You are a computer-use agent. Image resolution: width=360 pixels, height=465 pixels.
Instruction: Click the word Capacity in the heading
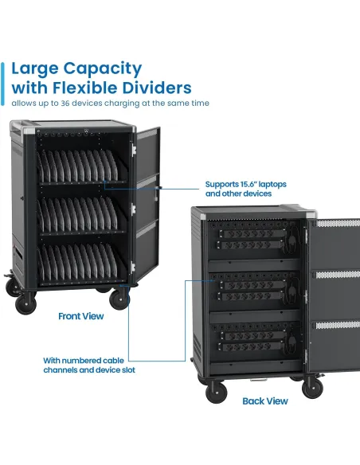click(x=103, y=69)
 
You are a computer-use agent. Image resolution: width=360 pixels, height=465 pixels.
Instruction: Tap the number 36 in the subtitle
click(x=65, y=104)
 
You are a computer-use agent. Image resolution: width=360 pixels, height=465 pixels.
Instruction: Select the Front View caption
click(x=81, y=316)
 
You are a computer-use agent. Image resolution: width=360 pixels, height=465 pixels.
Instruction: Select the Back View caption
click(x=265, y=401)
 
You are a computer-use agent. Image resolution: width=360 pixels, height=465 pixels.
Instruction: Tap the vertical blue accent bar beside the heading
click(x=2, y=84)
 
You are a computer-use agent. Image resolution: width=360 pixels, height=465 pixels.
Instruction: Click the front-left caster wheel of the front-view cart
click(x=25, y=303)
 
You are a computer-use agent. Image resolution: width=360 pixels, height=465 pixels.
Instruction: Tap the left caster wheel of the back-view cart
click(x=216, y=392)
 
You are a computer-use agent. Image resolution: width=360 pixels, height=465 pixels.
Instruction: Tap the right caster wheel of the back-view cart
click(x=312, y=387)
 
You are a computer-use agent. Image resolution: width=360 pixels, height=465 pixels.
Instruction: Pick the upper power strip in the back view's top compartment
click(x=252, y=233)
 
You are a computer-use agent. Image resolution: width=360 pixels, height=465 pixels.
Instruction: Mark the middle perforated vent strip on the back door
click(x=338, y=275)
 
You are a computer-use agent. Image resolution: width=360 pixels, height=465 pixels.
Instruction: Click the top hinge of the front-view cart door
click(x=134, y=150)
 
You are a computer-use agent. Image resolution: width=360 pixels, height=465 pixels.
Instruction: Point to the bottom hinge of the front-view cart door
click(x=133, y=268)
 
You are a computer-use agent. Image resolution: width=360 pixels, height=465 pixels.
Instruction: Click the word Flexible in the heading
click(x=86, y=88)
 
